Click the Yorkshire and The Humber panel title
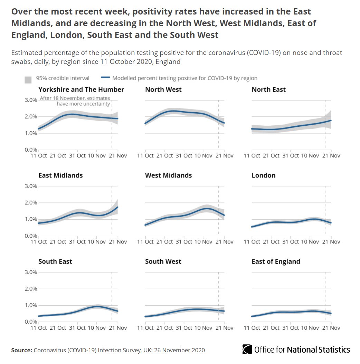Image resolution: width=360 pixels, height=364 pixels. coord(81,89)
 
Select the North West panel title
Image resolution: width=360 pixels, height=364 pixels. coord(163,89)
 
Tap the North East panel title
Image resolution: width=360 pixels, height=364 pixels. coord(269,89)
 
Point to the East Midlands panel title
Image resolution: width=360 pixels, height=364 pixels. coord(60,175)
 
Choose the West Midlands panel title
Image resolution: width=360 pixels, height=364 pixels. coord(168,175)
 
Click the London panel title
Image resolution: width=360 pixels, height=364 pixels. coord(264,175)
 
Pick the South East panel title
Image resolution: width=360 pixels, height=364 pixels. coord(55,261)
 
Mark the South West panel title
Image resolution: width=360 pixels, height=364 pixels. coord(163,261)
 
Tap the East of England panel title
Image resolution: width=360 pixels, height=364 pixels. coord(276,261)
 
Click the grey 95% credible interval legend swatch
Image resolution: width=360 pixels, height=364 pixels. coord(28,79)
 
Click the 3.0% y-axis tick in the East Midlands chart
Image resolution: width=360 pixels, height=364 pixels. coord(30,186)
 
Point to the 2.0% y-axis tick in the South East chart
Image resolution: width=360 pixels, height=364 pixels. coord(30,289)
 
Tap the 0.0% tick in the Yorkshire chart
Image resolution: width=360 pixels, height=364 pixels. coord(30,150)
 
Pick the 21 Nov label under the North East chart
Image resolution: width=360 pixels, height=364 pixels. coord(331,156)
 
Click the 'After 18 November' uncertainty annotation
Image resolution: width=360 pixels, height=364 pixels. coord(75,101)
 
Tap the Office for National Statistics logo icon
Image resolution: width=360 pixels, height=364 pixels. coord(247,349)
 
